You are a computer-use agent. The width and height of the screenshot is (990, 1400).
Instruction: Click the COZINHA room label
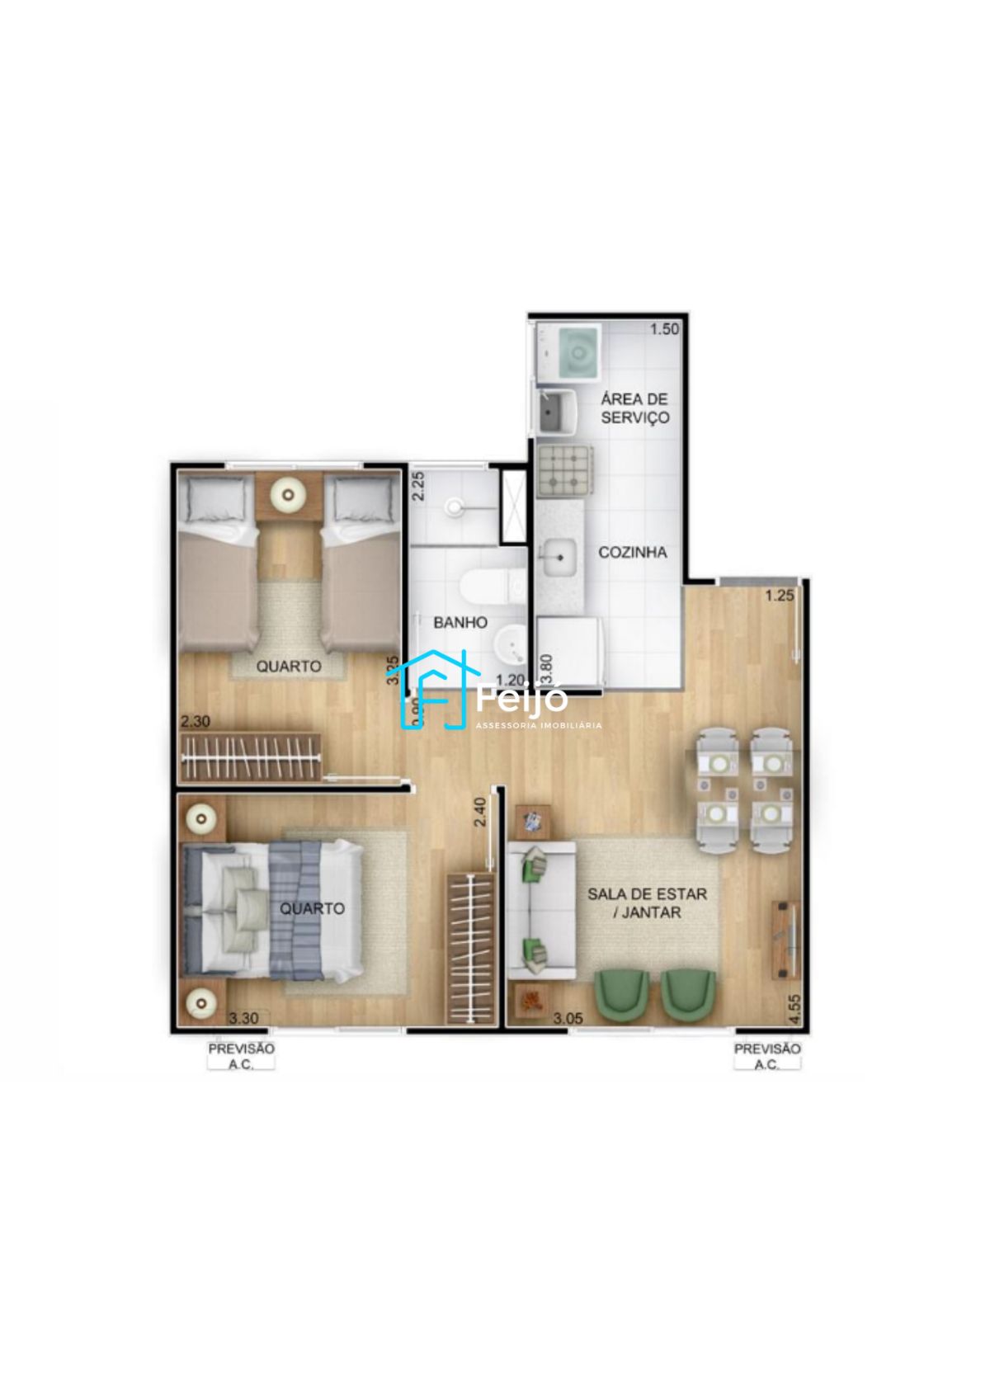point(632,553)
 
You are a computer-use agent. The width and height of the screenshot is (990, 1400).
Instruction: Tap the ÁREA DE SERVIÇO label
point(634,408)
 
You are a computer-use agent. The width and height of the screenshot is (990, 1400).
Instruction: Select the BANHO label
point(460,623)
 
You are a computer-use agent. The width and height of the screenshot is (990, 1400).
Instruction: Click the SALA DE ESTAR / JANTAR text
point(647,903)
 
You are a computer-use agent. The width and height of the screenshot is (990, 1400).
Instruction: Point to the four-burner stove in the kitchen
point(565,472)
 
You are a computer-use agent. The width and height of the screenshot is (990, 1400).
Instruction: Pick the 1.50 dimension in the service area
point(664,329)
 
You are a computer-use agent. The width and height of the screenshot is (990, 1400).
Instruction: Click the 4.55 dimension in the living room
point(794,1009)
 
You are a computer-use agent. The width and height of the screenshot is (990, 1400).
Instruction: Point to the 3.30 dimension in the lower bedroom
point(243,1018)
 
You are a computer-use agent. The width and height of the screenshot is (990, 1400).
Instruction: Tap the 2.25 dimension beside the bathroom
point(418,486)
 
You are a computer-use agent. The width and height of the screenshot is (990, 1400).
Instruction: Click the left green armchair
point(622,994)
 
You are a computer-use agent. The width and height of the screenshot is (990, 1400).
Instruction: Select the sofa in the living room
point(540,909)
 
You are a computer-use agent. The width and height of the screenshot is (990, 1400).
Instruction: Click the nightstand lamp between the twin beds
point(289,495)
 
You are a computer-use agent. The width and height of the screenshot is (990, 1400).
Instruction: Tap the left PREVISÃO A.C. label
point(241,1056)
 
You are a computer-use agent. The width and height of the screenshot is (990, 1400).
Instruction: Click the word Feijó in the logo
point(523,700)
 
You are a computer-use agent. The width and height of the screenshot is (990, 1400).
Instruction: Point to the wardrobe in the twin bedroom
point(250,757)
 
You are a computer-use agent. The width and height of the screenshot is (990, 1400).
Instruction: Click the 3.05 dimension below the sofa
point(568,1018)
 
